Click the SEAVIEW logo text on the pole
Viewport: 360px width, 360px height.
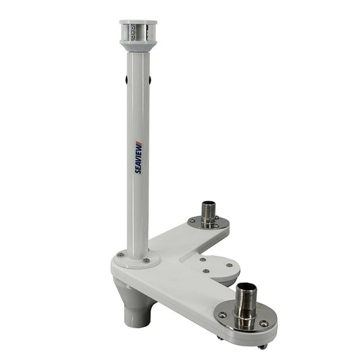[x=138, y=159]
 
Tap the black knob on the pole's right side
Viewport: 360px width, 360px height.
[x=149, y=80]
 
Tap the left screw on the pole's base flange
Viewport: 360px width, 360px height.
[x=120, y=255]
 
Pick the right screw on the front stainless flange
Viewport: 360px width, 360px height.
[x=264, y=324]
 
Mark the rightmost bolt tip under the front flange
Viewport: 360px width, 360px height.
[x=263, y=346]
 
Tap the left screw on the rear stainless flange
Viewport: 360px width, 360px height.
[x=192, y=220]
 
